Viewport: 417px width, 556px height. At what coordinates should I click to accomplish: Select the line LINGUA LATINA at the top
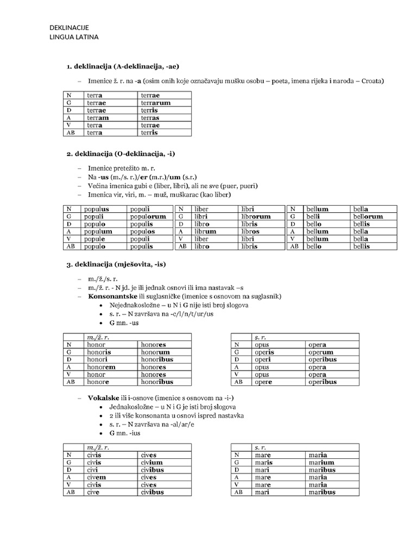tap(74, 37)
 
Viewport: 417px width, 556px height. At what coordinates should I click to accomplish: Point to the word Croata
tap(372, 81)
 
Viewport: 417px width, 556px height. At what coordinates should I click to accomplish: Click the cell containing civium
tap(151, 462)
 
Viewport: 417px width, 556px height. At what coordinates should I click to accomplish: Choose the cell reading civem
tap(96, 477)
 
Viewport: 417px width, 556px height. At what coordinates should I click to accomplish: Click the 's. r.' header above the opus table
tap(261, 337)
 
